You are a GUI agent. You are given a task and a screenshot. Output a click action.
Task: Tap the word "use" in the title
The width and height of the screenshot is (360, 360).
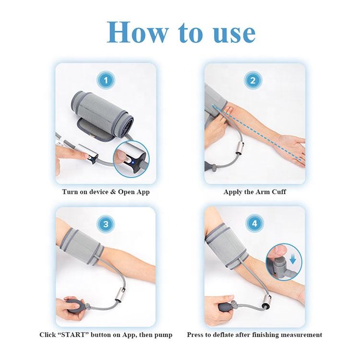(x=234, y=35)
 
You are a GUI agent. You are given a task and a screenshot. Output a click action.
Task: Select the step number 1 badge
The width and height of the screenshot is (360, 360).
(x=106, y=80)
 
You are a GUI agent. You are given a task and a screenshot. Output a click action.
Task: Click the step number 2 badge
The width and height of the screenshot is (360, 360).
(x=253, y=80)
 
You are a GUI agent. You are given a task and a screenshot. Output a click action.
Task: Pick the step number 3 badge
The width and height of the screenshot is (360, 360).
(x=106, y=224)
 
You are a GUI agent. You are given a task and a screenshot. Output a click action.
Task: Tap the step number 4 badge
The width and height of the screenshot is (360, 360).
(x=255, y=223)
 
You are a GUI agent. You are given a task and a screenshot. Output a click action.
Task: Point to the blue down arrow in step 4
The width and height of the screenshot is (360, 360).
(x=292, y=260)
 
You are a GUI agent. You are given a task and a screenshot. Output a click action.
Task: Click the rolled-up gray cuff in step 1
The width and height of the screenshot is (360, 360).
(x=102, y=115)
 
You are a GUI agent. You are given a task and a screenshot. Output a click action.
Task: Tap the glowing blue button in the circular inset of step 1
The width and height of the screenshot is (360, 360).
(x=132, y=163)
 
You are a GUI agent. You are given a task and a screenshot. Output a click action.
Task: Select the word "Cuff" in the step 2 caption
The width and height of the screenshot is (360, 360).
(x=279, y=192)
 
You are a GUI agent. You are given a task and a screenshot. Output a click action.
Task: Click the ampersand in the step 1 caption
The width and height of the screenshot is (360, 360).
(x=113, y=192)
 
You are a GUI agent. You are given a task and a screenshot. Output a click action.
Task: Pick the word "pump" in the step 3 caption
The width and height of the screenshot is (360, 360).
(x=163, y=336)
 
